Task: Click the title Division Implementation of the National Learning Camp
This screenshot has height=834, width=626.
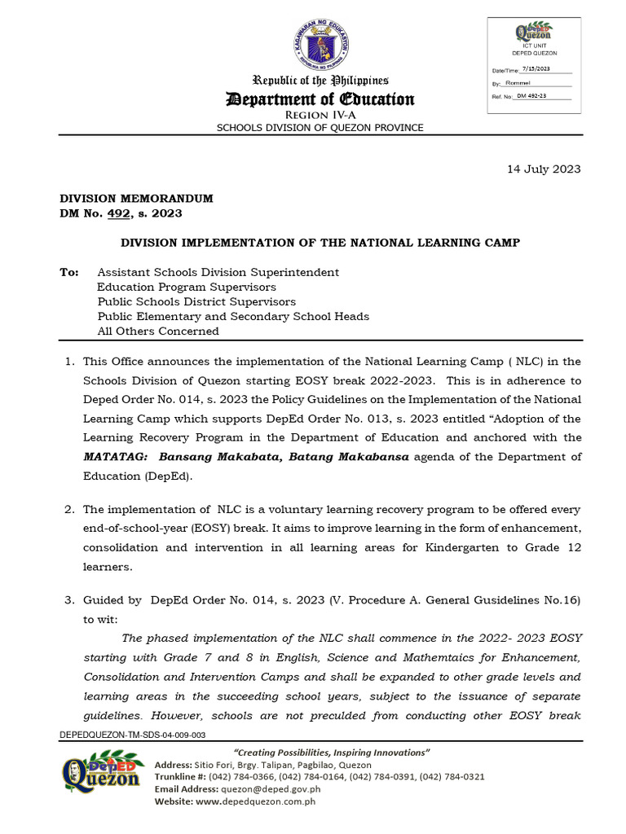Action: click(x=320, y=243)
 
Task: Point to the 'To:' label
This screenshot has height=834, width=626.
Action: click(x=69, y=272)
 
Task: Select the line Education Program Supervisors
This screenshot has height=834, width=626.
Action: click(x=186, y=287)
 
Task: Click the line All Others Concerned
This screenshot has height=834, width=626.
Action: click(x=158, y=331)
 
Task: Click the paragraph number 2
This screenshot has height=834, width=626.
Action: click(x=69, y=509)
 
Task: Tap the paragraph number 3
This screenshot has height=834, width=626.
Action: click(x=69, y=600)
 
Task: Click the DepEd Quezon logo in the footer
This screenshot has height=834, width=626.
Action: click(x=100, y=773)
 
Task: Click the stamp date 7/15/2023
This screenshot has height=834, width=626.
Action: click(x=535, y=69)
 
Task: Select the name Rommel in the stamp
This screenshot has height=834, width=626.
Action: click(x=518, y=83)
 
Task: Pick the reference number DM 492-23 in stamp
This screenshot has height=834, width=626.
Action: click(x=531, y=96)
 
